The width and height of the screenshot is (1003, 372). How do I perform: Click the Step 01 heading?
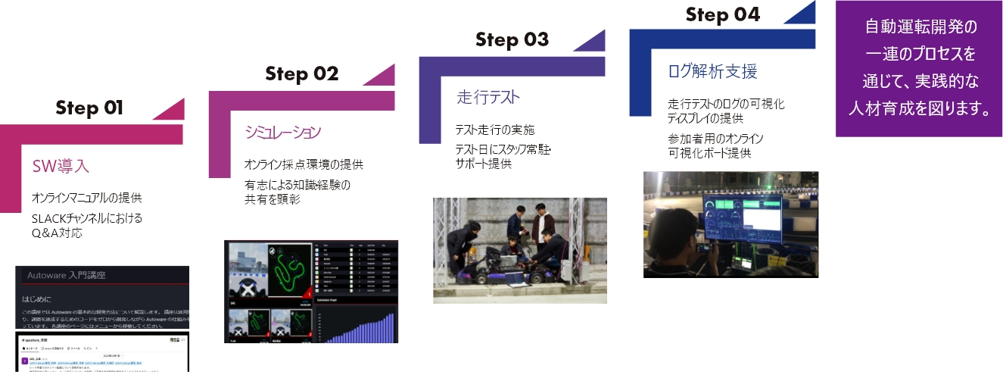tap(89, 108)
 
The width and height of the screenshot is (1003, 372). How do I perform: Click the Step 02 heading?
tap(301, 73)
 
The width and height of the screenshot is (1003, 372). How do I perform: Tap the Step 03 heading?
tap(512, 39)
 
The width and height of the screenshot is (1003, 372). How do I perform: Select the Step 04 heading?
tap(722, 14)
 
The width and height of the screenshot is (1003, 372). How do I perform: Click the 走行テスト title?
tap(488, 97)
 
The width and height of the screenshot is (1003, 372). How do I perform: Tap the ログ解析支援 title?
tap(712, 71)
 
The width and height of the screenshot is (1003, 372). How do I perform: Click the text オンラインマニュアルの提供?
tap(86, 199)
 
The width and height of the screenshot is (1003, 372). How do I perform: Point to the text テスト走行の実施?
tap(494, 130)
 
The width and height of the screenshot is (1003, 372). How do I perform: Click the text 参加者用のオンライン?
tap(715, 139)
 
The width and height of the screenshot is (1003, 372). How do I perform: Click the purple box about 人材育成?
tap(919, 68)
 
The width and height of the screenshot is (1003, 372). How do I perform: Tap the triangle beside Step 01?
tap(171, 111)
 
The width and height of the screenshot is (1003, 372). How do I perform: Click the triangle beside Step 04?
tap(802, 13)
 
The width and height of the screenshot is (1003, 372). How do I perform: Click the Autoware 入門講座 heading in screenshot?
tap(76, 276)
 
